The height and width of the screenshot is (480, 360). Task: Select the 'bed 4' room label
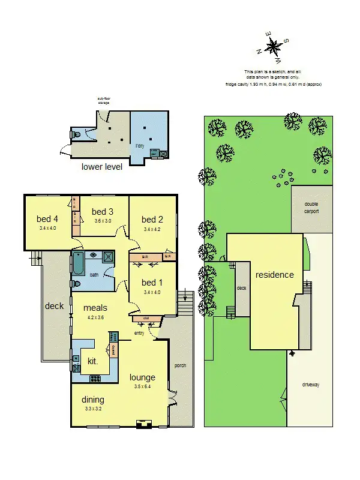pyautogui.click(x=48, y=218)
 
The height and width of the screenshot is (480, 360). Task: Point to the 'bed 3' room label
pyautogui.click(x=103, y=211)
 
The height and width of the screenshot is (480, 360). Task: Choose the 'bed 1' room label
pyautogui.click(x=152, y=283)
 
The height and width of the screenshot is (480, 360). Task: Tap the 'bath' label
pyautogui.click(x=94, y=275)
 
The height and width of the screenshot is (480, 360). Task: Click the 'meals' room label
pyautogui.click(x=95, y=308)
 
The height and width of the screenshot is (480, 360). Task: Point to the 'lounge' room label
pyautogui.click(x=142, y=377)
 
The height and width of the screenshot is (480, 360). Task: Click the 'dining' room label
pyautogui.click(x=94, y=400)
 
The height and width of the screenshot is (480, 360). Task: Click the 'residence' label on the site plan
pyautogui.click(x=275, y=275)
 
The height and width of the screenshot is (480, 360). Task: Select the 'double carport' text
pyautogui.click(x=311, y=208)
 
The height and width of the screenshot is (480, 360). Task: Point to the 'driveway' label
pyautogui.click(x=310, y=384)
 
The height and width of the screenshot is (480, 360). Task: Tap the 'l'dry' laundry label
pyautogui.click(x=140, y=146)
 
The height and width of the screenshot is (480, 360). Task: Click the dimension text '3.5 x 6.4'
pyautogui.click(x=143, y=386)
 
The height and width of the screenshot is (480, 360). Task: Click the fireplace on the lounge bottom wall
pyautogui.click(x=144, y=424)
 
